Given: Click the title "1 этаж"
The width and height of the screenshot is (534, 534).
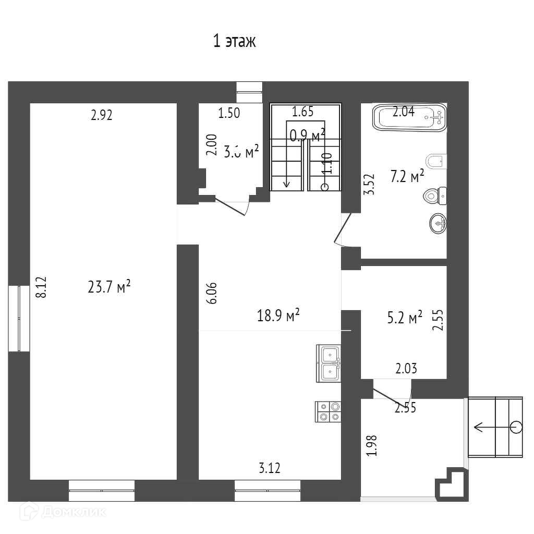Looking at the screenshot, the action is coord(234,41).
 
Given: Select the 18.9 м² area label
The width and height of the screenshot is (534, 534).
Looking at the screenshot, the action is coord(278,315).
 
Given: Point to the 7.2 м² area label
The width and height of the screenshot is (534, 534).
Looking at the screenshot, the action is coord(407,177).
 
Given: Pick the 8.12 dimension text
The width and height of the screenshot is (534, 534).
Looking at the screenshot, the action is coord(42,287).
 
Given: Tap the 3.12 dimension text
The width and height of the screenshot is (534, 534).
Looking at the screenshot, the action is coord(270,468).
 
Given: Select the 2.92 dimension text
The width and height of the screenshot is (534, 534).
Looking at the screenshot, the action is coord(102,115).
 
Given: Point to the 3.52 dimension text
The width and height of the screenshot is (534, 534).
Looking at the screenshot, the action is coord(369,184).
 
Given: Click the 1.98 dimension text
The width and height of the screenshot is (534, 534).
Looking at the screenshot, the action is coord(372,446).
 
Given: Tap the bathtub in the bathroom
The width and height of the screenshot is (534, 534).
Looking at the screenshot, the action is coord(409,117).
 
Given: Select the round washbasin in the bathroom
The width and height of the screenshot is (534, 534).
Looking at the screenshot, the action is coord(438,224).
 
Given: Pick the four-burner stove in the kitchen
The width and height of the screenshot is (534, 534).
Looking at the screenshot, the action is coord(328,411).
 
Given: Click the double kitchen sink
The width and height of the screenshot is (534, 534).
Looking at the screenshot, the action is coord(329,363).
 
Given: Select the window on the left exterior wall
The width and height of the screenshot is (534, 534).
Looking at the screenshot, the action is coord(19,318).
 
